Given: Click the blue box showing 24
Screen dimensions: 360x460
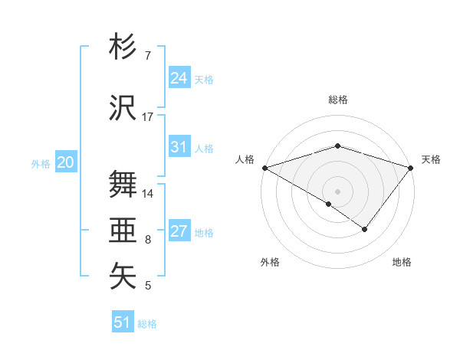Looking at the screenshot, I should [179, 78].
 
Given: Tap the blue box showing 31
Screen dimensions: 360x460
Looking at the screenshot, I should [179, 147].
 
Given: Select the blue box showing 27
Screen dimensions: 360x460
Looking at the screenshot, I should [179, 231].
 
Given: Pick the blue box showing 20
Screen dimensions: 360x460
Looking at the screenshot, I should [66, 162].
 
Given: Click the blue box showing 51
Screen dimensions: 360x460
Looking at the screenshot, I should [123, 322].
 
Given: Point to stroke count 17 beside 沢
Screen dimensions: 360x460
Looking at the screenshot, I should [148, 117].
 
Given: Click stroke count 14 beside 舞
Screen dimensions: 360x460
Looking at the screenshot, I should [148, 194].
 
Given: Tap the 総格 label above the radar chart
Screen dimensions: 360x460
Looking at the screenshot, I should [337, 100].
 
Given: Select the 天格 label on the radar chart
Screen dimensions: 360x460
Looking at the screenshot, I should [431, 159].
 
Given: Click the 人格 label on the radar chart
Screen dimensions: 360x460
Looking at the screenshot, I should [245, 159].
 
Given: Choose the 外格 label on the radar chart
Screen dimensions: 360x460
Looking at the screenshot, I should [270, 262].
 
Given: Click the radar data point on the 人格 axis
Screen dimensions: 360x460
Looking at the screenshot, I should [264, 167].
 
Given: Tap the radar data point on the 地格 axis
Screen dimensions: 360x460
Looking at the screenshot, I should [365, 229].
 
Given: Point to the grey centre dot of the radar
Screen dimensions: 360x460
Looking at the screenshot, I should [337, 191].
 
